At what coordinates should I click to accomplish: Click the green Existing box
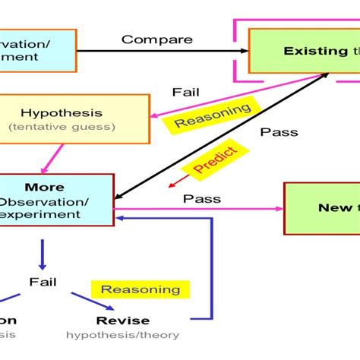click(305, 51)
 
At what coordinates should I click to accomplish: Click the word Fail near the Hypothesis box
click(185, 92)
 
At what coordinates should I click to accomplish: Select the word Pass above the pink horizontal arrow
click(202, 199)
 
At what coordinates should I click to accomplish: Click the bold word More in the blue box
click(44, 187)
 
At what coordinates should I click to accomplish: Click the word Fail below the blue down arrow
click(43, 282)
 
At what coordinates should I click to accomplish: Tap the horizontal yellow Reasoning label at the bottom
click(141, 289)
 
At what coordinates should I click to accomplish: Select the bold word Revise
click(123, 320)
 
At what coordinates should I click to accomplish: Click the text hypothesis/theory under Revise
click(122, 334)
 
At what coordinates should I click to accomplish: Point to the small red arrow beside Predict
click(178, 179)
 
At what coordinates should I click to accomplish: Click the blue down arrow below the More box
click(43, 254)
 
